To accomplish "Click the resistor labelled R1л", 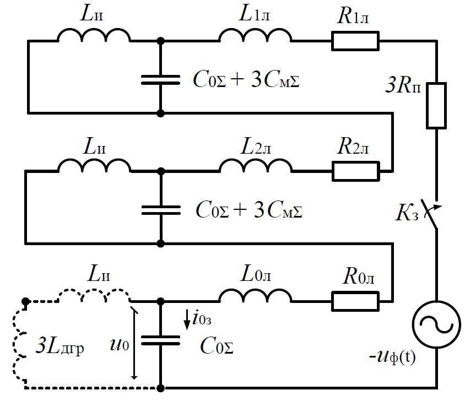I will [x=355, y=41].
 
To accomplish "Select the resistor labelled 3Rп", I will [x=436, y=106].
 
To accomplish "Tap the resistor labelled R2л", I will [x=355, y=171].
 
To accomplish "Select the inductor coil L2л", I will [x=256, y=166].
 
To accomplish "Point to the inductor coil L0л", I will [x=256, y=297].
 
